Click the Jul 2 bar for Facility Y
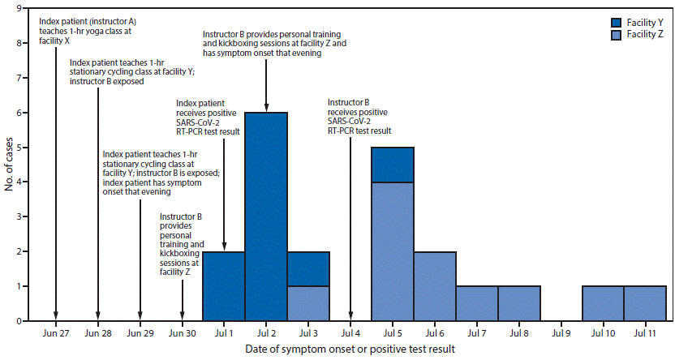(266, 216)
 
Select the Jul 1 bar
(224, 285)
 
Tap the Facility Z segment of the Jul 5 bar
(393, 251)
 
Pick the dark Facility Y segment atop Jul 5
(393, 165)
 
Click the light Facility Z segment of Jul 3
(308, 303)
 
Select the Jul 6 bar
(435, 285)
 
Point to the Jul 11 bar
(645, 303)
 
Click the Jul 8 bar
(519, 303)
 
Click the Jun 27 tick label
(56, 332)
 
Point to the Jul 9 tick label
(561, 332)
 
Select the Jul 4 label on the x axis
(350, 332)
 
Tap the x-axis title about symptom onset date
(350, 349)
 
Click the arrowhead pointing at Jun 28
(98, 316)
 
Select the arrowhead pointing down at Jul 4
(350, 316)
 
